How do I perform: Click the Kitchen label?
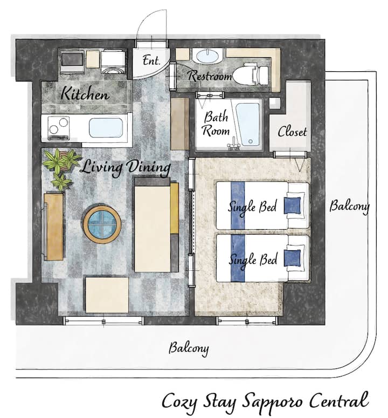point(85,93)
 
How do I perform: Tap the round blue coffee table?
point(102,224)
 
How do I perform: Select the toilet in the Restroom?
point(251,74)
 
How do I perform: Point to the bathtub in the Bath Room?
point(247,125)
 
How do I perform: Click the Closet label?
point(292,132)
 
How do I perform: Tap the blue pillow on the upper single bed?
point(292,205)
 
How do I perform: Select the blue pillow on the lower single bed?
point(292,258)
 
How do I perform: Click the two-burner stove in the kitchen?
point(59,128)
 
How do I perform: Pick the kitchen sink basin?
point(106,128)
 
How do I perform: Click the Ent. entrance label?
point(151,60)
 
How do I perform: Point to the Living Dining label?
point(125,167)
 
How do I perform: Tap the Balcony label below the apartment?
point(189,348)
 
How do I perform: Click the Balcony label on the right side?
point(349,206)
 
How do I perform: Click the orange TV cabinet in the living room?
point(53,227)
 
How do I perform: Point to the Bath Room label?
point(216,124)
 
